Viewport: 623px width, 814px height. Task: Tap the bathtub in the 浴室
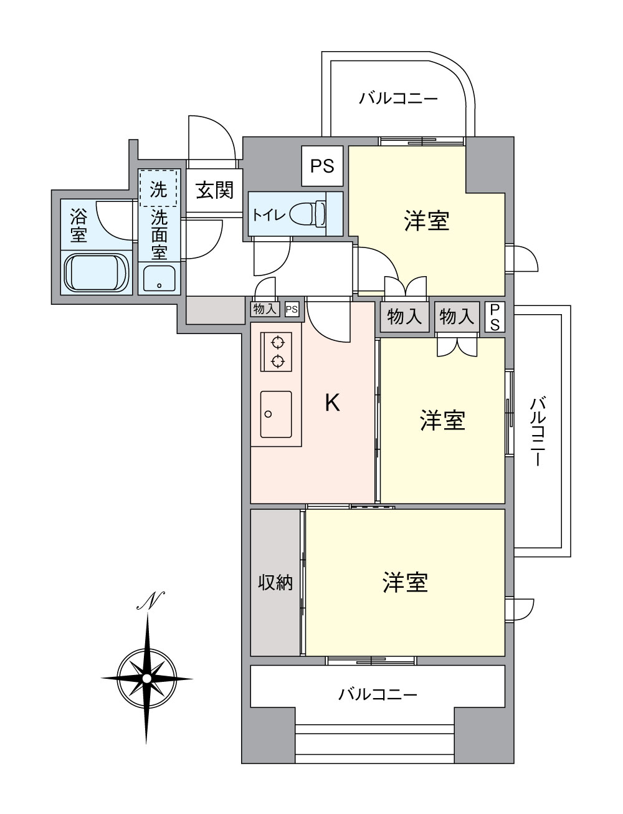coord(97,273)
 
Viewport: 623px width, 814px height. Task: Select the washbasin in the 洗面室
coord(159,279)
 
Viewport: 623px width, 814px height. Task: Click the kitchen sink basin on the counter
coord(276,414)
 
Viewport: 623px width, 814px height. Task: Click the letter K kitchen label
coord(333,403)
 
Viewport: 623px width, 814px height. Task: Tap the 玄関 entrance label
coord(215,190)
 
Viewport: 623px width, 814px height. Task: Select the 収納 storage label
coord(275,583)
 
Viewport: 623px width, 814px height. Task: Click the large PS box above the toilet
coord(322,166)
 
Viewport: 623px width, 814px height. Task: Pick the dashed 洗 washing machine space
coord(159,188)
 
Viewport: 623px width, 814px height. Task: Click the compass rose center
coord(146,678)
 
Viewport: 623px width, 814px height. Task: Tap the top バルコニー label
coord(399,98)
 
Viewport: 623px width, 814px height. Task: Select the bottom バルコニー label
coord(378,694)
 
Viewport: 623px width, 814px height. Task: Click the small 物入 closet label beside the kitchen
coord(265,309)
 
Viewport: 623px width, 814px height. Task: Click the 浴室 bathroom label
coord(78,226)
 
